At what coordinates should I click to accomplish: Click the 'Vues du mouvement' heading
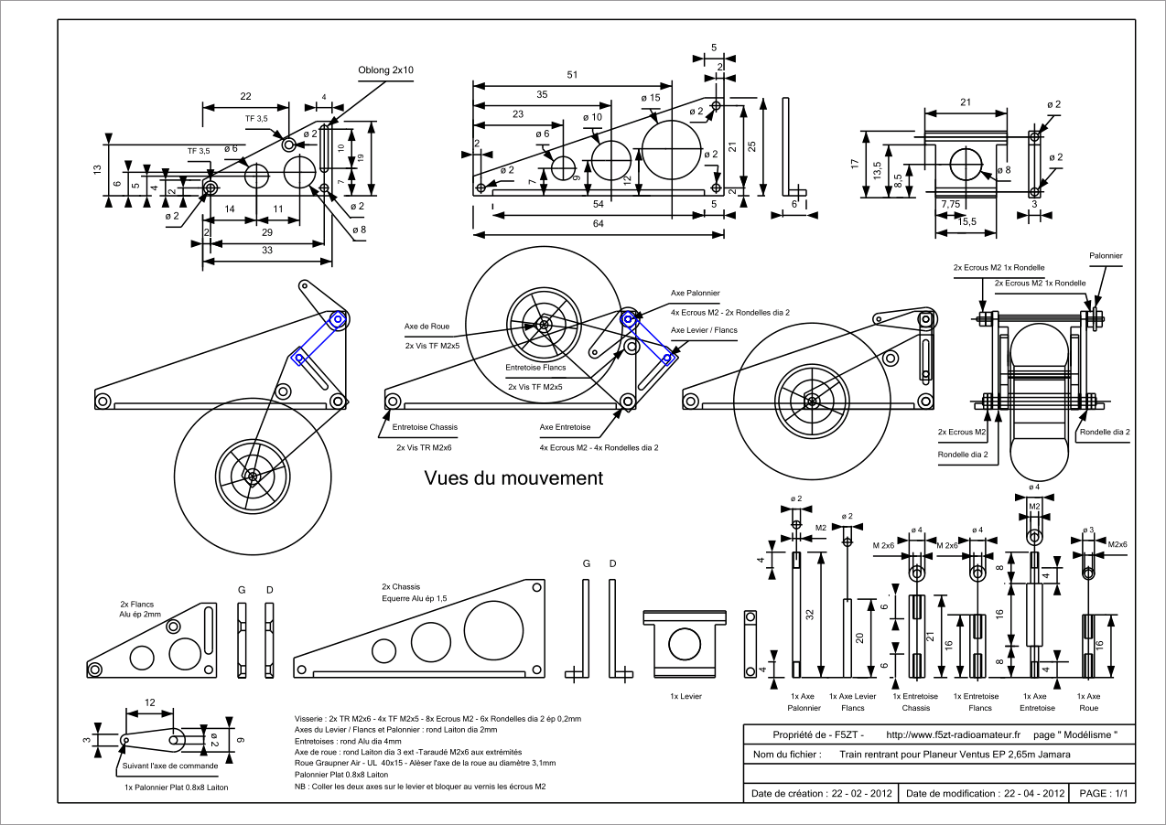click(513, 477)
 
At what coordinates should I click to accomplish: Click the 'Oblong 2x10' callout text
click(385, 70)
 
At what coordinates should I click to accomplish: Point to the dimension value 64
click(599, 224)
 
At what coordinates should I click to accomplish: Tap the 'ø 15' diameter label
click(650, 98)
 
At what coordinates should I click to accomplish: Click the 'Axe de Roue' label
click(427, 326)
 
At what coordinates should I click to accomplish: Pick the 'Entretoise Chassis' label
click(425, 427)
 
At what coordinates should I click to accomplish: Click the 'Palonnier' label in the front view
click(1106, 256)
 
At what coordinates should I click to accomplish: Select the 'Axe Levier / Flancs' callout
click(704, 329)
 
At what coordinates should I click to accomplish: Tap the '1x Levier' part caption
click(685, 696)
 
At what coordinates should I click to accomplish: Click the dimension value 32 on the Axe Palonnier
click(810, 615)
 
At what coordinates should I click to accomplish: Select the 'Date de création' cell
click(820, 793)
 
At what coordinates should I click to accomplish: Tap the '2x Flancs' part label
click(137, 605)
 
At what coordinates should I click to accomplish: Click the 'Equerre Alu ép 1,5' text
click(419, 599)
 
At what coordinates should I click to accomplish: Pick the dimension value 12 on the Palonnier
click(148, 702)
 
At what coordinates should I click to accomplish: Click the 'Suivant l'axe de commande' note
click(170, 766)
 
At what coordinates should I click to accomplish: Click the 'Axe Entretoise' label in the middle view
click(565, 427)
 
